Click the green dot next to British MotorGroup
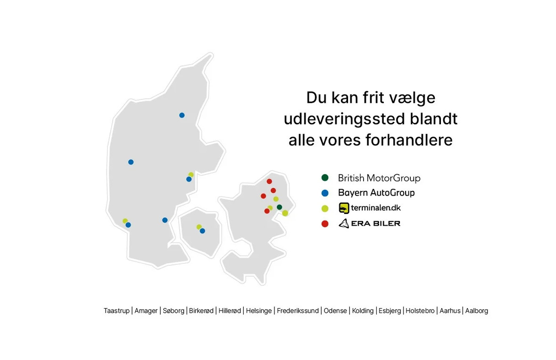325,178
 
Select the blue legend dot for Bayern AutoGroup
325,193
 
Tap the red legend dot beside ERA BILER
325,223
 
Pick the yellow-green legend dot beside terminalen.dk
325,208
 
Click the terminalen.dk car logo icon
344,208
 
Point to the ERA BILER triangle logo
344,223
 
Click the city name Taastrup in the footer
116,311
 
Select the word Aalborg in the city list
476,311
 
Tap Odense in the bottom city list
335,311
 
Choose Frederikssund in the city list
298,311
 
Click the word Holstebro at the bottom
420,311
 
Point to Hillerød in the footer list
230,311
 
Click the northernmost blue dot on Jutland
182,115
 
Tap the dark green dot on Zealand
279,207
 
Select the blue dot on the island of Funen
202,231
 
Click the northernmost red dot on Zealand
269,181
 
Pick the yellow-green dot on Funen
199,227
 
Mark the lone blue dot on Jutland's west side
131,162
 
